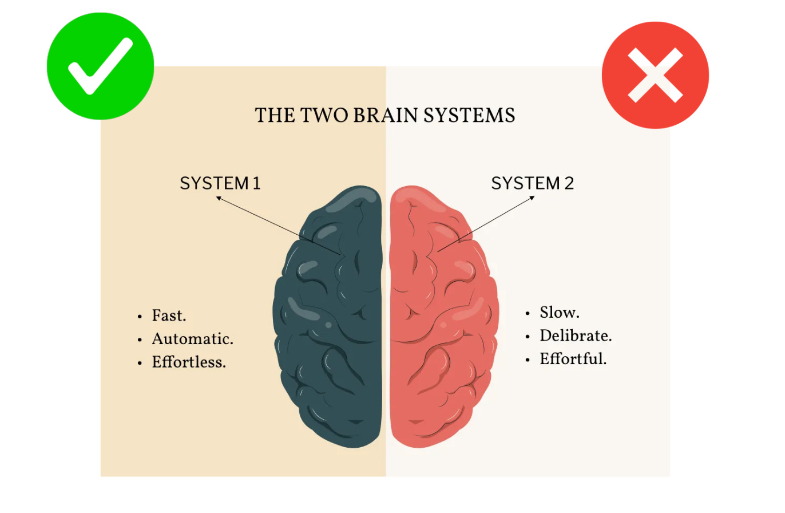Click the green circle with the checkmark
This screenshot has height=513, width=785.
click(x=100, y=66)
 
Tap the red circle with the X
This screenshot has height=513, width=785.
click(x=655, y=75)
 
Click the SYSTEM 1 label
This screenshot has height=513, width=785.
click(x=220, y=183)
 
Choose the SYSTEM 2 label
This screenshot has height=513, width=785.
click(x=532, y=183)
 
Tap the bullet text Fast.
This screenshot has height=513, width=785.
click(x=169, y=315)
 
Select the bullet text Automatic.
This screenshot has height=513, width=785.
click(x=193, y=339)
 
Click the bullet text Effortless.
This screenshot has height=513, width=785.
click(x=189, y=362)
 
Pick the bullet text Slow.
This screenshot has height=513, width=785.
click(x=560, y=313)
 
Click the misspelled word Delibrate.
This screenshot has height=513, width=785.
click(x=576, y=336)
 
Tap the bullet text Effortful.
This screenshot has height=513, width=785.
click(x=573, y=360)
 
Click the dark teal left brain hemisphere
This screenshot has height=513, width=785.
click(x=332, y=321)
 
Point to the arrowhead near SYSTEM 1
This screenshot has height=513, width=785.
click(x=218, y=198)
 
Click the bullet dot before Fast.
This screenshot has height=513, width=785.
click(x=140, y=317)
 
